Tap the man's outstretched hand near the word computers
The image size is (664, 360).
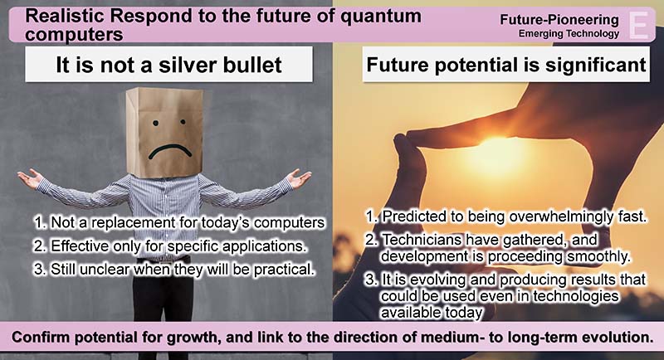(x=298, y=178)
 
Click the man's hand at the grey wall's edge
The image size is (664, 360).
(x=30, y=178)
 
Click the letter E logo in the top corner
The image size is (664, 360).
(x=639, y=26)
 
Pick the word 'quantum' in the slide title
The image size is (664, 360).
(x=381, y=17)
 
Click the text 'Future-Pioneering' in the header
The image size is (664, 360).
(x=559, y=19)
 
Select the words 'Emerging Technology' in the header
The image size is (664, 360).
(x=569, y=33)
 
